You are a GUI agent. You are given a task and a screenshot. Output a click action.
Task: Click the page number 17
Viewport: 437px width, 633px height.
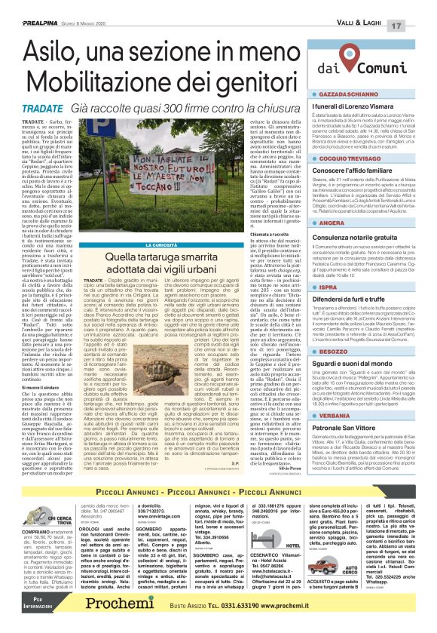422,8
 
